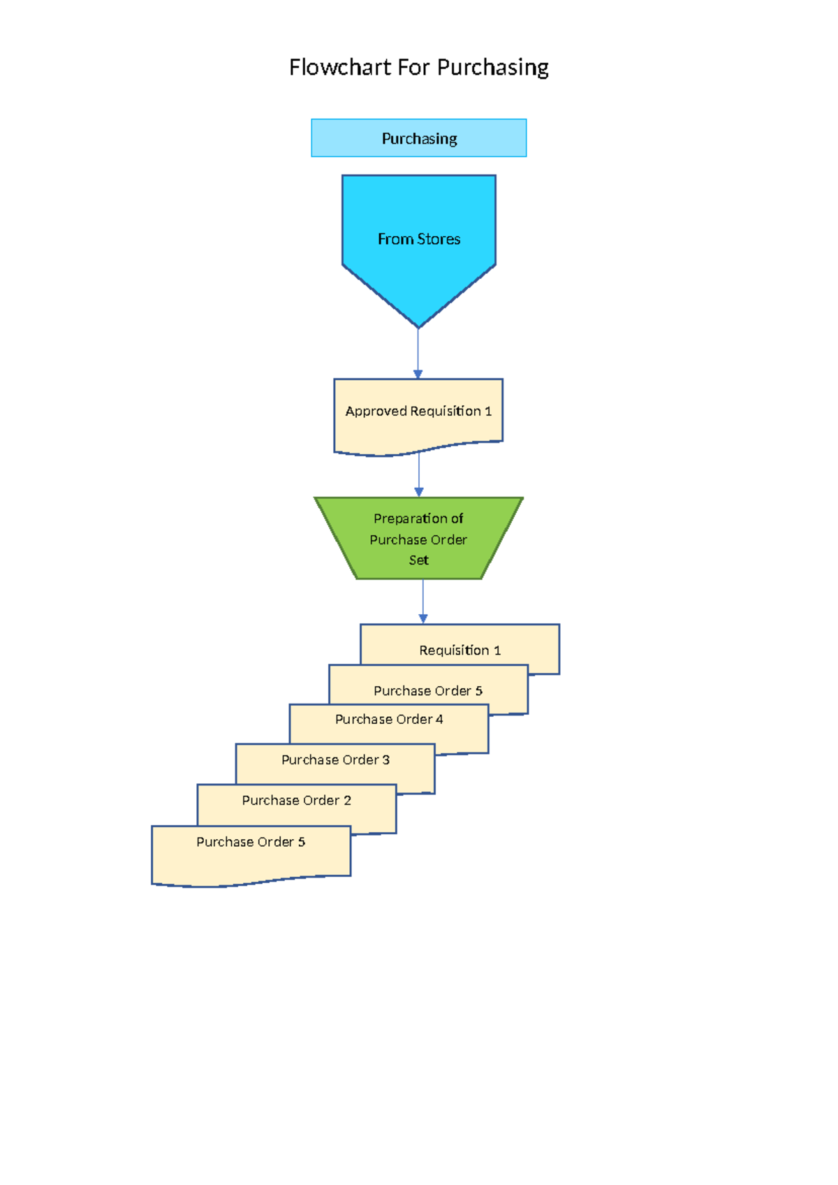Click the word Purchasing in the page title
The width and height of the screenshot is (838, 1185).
point(493,68)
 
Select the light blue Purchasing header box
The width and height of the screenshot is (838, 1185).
point(418,138)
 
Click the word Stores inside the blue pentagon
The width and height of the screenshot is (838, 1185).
point(439,239)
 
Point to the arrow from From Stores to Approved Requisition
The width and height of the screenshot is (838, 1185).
point(418,353)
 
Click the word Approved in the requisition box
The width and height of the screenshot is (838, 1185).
point(376,411)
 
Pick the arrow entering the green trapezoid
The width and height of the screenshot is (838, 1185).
point(418,475)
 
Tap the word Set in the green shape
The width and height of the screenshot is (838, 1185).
point(418,560)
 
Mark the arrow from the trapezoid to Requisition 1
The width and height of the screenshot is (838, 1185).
point(422,601)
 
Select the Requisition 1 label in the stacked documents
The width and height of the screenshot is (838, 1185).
point(460,650)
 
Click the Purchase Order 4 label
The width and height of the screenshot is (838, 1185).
point(389,719)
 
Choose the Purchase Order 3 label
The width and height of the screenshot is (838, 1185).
point(335,759)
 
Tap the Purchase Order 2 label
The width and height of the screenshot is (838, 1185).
point(296,800)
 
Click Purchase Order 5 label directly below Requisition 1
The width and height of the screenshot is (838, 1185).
point(427,691)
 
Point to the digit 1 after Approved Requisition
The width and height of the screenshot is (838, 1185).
point(488,412)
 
